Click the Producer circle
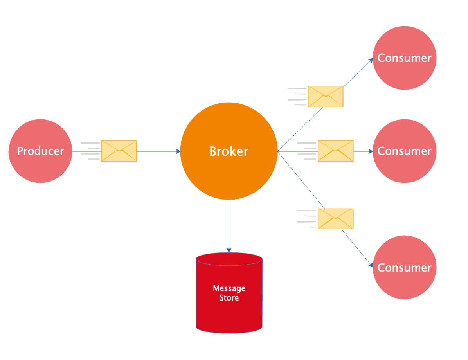pos(40,151)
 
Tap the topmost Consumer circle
pos(404,58)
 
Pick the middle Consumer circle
pos(404,151)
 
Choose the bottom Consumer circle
pos(404,268)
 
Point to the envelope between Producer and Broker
pos(119,151)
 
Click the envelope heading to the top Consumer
pos(326,97)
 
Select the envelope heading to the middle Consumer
pos(335,151)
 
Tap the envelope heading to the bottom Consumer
pos(335,219)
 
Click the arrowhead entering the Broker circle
pos(178,151)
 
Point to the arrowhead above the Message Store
pos(229,250)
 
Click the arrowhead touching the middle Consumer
pos(371,151)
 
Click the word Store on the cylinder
pos(229,298)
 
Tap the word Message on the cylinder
pos(229,288)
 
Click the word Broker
pos(229,151)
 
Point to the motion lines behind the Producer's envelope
pos(90,151)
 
